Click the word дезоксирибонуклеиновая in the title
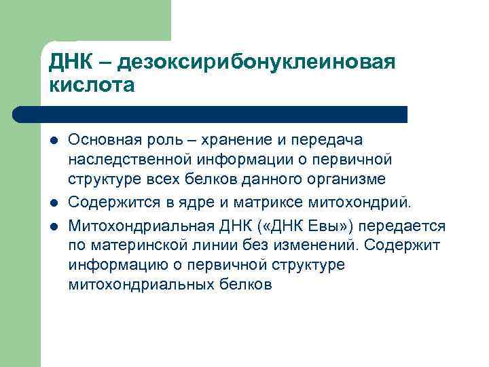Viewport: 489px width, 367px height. point(255,63)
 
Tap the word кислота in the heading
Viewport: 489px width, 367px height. point(92,86)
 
